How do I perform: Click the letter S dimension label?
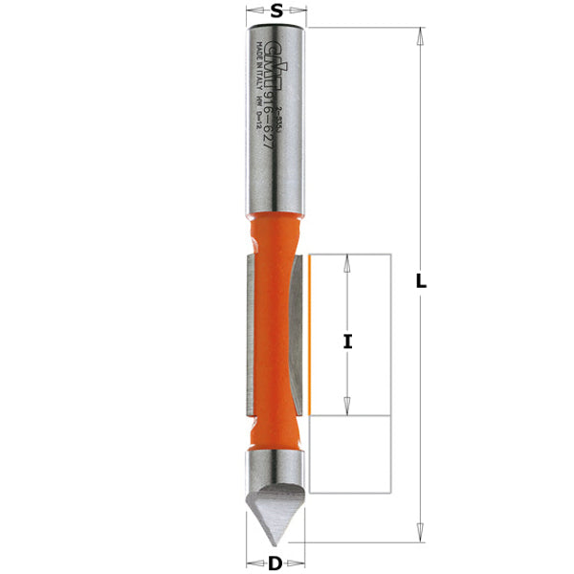click(276, 11)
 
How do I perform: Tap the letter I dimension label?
click(348, 341)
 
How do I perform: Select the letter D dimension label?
click(276, 563)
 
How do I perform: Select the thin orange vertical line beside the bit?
click(311, 335)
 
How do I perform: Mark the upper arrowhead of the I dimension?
click(348, 264)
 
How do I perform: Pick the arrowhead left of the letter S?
click(253, 11)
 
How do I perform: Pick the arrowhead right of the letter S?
click(300, 11)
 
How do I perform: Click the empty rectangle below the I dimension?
click(351, 454)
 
